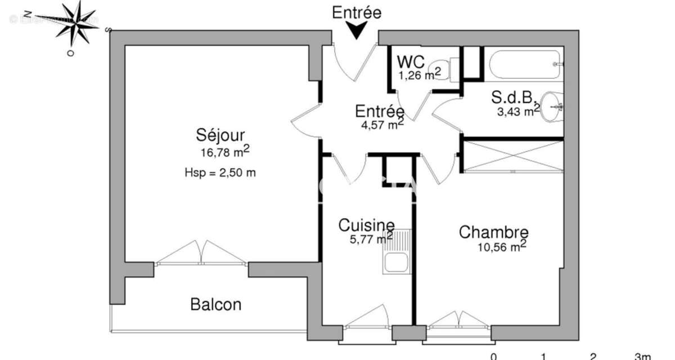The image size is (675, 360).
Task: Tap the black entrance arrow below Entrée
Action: pos(355,30)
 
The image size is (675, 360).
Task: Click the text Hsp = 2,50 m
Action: pos(220,173)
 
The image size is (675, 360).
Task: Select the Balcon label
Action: pos(216,305)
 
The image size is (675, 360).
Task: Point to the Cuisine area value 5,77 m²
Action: pos(371,238)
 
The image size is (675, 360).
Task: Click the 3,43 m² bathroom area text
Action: pos(517,111)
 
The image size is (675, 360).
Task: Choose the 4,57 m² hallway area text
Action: pos(382,124)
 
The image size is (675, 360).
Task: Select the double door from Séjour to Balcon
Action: pos(201,253)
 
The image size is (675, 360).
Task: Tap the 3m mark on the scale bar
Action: pos(642,356)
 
